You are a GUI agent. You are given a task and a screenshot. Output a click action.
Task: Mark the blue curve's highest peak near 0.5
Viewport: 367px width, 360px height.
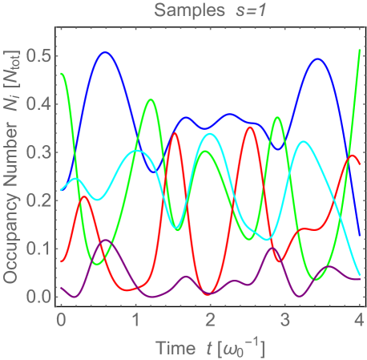click(x=105, y=52)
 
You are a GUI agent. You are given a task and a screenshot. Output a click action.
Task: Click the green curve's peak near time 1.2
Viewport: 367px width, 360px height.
click(x=150, y=99)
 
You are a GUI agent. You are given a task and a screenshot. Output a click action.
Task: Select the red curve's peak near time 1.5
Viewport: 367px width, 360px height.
click(x=175, y=133)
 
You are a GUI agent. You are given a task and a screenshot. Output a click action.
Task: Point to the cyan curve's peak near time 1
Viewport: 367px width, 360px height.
click(x=135, y=150)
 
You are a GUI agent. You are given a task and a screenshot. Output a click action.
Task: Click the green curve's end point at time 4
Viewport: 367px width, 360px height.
click(x=359, y=50)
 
